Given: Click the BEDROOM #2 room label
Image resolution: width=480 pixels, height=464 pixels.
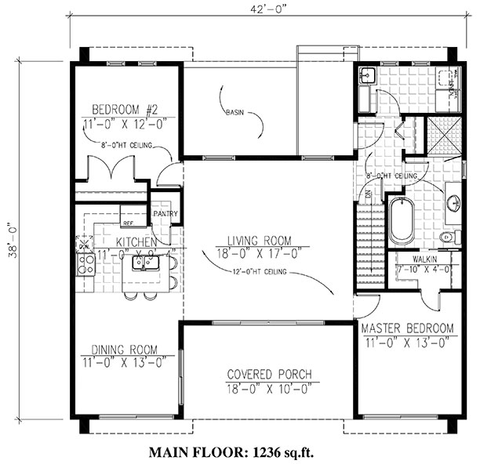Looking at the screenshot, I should tap(125, 109).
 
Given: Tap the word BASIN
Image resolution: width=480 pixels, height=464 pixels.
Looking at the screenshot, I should tap(234, 112).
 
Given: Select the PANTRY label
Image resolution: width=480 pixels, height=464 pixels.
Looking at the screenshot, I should tap(165, 213).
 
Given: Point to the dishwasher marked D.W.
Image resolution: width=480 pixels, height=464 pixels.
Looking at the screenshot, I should tap(84, 246).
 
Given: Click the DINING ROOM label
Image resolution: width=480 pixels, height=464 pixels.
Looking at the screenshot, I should tap(124, 350).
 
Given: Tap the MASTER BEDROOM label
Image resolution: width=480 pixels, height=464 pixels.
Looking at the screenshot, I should tap(406, 327).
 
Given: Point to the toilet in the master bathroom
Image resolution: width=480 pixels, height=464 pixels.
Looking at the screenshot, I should tap(448, 236).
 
